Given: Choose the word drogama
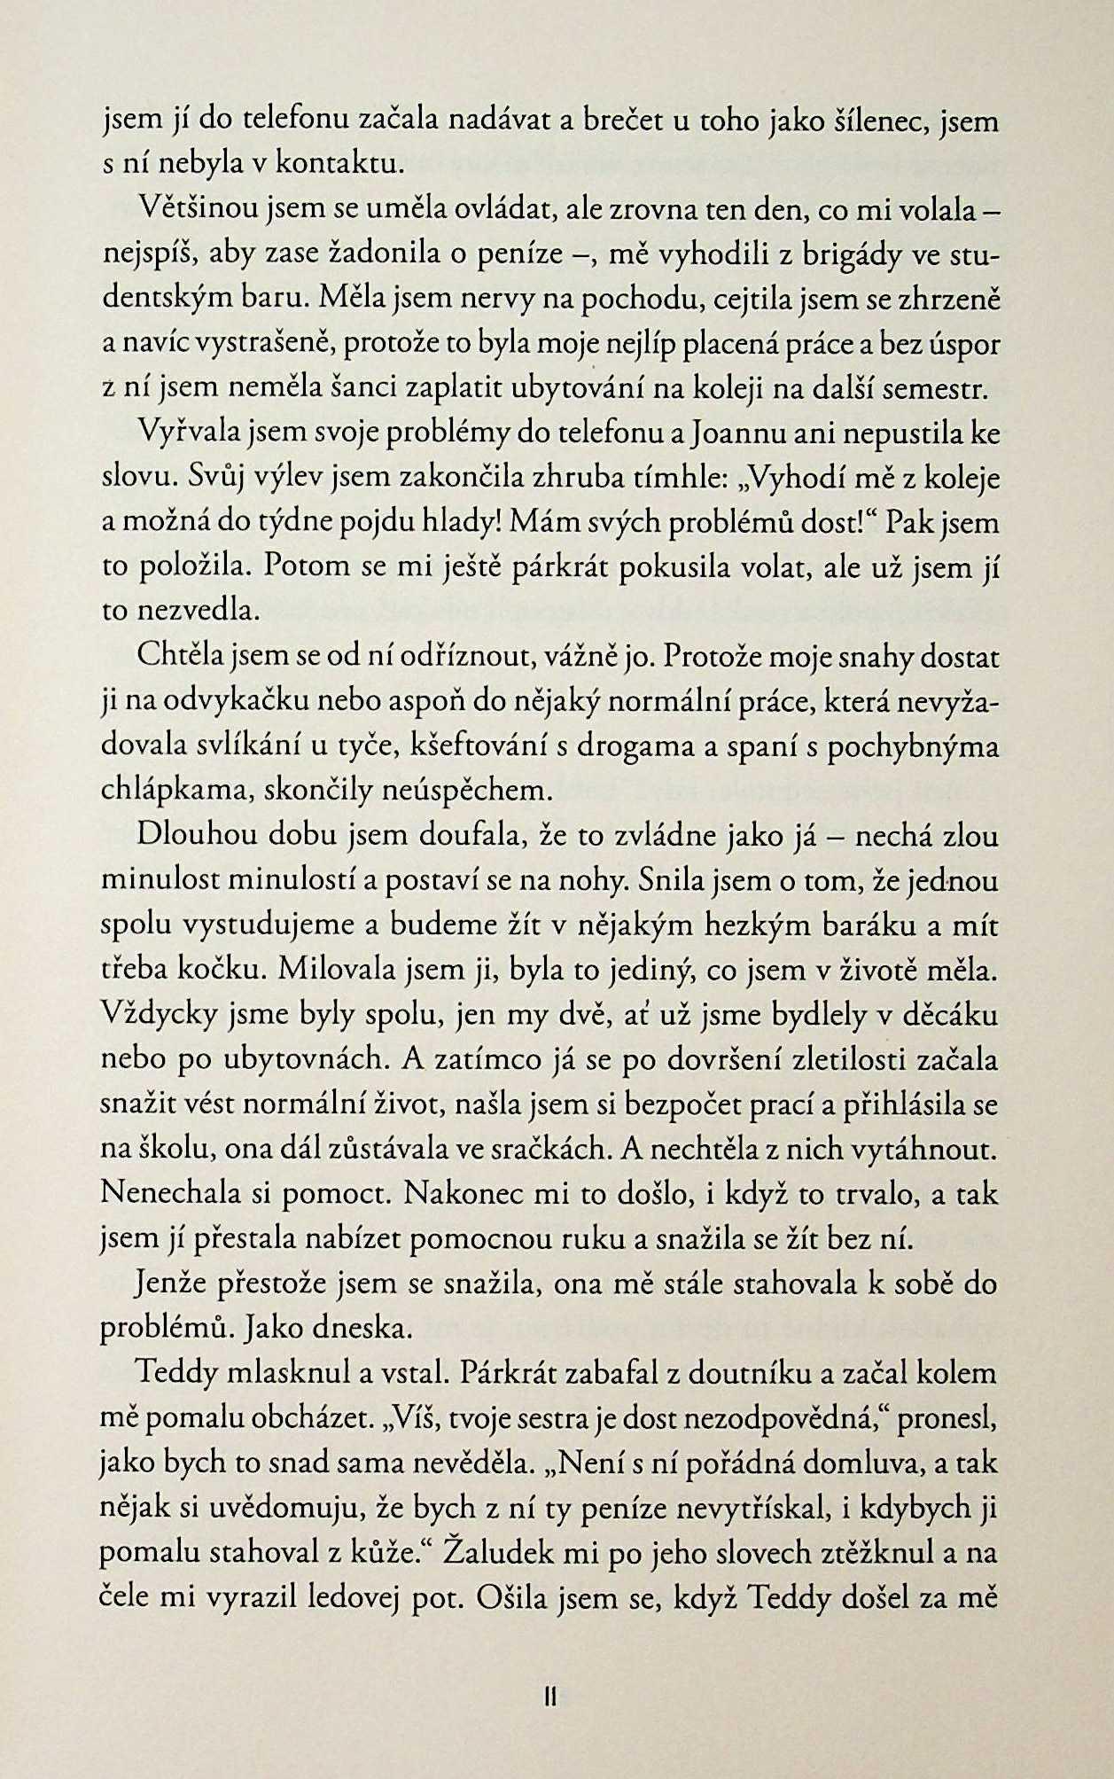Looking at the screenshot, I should [x=633, y=746].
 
